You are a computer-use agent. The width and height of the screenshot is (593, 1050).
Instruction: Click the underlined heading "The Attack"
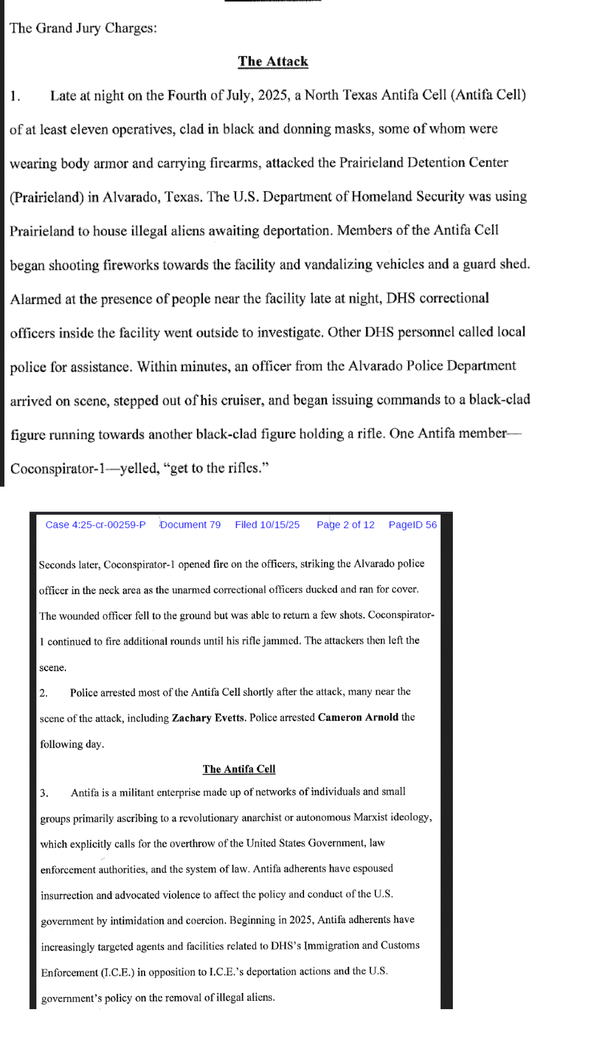tap(273, 62)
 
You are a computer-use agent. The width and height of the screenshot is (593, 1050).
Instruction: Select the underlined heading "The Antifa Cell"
tap(239, 769)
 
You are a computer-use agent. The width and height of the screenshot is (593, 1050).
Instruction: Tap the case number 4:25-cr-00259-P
tap(95, 525)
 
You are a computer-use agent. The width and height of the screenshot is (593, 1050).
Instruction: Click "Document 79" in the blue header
tap(190, 525)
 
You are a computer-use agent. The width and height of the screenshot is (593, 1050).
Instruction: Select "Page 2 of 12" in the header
tap(346, 525)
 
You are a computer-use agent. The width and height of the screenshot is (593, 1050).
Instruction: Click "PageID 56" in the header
tap(413, 525)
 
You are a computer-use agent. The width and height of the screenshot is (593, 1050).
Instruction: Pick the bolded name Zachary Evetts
tap(208, 718)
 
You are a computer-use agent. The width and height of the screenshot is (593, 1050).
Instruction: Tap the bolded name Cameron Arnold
tap(358, 717)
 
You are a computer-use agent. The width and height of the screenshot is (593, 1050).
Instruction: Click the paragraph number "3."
tap(44, 793)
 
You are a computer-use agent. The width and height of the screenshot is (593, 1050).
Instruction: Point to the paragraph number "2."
tap(44, 693)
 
